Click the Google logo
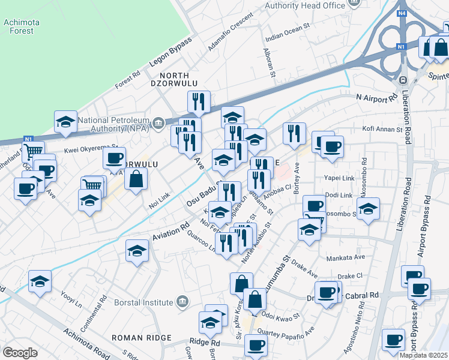pyautogui.click(x=20, y=352)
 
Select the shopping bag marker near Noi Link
pyautogui.click(x=137, y=179)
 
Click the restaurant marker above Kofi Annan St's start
pyautogui.click(x=294, y=134)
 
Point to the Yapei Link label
pyautogui.click(x=340, y=178)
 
